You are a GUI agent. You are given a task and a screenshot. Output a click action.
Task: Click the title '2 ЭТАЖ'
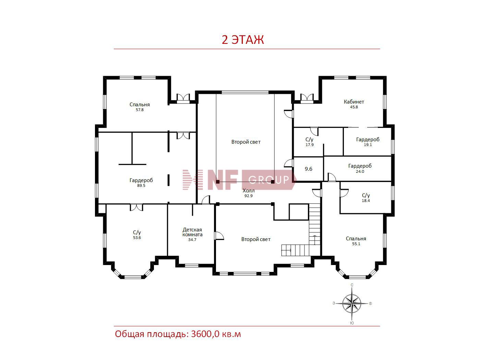click(x=243, y=40)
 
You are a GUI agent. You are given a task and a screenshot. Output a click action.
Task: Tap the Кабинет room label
click(x=354, y=101)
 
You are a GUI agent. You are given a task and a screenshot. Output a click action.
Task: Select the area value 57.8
click(x=140, y=110)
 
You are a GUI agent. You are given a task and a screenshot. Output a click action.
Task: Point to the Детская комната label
click(x=192, y=232)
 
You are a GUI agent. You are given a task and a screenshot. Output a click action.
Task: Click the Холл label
click(x=249, y=191)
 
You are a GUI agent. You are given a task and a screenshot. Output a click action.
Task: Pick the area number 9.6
click(x=308, y=169)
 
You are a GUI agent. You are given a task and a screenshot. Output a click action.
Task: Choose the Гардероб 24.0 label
click(x=360, y=168)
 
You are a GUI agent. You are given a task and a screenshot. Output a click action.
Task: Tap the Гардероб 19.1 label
click(x=368, y=142)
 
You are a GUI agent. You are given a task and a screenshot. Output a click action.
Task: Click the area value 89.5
click(x=141, y=185)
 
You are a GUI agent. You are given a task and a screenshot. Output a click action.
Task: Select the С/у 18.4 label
click(x=365, y=197)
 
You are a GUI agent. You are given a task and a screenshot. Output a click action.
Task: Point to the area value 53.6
click(x=137, y=238)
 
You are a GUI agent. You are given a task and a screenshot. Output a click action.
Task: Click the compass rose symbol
click(x=352, y=303)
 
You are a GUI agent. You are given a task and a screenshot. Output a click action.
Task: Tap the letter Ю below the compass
click(x=352, y=323)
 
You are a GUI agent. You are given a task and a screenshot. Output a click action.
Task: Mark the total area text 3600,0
click(x=205, y=334)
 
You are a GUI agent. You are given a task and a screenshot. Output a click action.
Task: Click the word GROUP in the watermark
click(x=268, y=180)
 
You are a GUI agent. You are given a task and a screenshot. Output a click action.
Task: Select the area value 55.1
click(x=356, y=244)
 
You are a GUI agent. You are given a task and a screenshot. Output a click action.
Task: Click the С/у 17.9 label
click(x=310, y=142)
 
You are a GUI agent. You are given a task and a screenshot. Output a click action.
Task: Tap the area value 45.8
click(x=354, y=107)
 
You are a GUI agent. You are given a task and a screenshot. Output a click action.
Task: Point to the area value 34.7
click(x=192, y=240)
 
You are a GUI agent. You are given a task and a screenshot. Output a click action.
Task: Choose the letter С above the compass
click(x=352, y=285)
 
